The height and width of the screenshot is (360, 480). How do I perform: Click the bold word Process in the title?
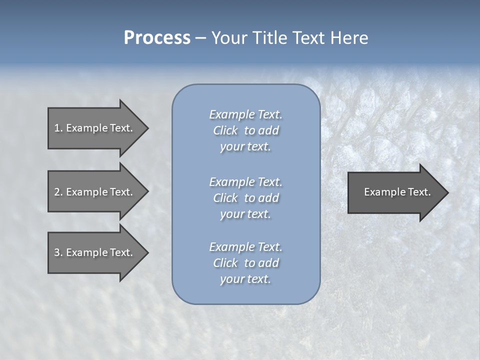pos(157,38)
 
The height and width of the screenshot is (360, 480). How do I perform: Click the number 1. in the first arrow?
pos(58,128)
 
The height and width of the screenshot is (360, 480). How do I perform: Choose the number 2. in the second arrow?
pos(58,192)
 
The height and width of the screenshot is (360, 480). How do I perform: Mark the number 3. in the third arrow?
pos(58,252)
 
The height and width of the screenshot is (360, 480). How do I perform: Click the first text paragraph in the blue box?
pos(245,130)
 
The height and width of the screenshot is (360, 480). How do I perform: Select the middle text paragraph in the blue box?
pos(245,197)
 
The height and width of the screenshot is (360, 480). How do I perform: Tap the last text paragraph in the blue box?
pos(245,263)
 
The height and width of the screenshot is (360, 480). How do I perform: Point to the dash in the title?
pos(200,38)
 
